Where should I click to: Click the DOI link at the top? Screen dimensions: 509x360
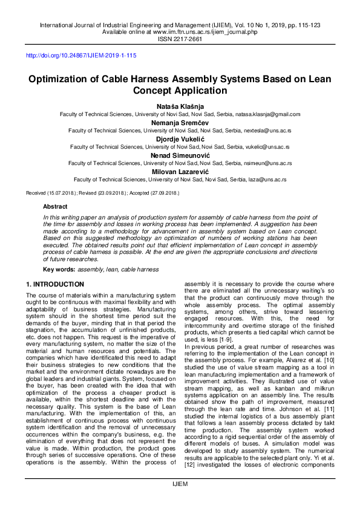[80, 56]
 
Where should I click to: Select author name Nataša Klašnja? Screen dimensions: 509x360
[180, 106]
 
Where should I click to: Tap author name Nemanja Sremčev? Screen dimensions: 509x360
[180, 122]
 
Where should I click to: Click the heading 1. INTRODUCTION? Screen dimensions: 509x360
[55, 284]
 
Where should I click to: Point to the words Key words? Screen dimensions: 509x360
[59, 268]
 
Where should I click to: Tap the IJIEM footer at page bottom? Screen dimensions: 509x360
[180, 484]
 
